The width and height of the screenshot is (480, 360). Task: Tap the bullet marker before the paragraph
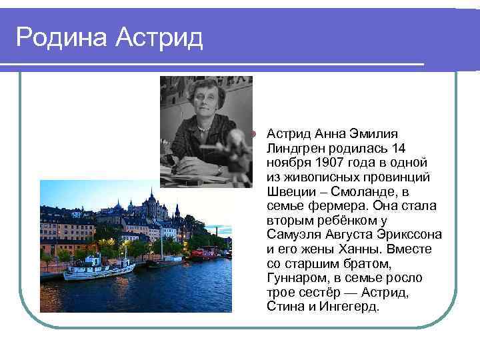click(253, 133)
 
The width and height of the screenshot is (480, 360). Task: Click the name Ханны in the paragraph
click(361, 249)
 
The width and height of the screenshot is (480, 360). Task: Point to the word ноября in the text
click(285, 162)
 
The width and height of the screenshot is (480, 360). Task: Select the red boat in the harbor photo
click(206, 252)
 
